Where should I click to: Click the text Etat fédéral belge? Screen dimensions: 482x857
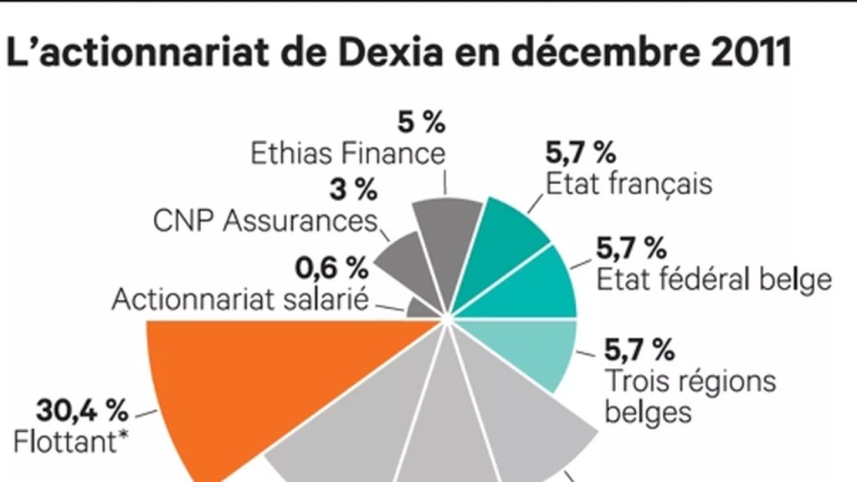pos(713,279)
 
